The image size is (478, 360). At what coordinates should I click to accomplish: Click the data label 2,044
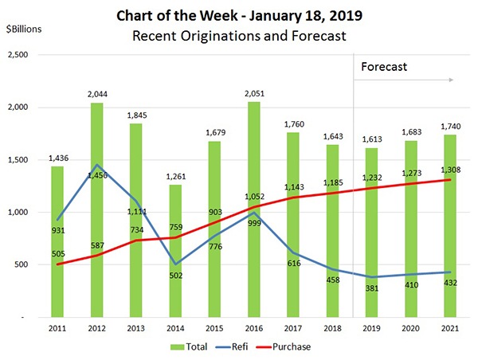click(96, 94)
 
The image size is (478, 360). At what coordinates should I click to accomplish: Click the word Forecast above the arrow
click(385, 67)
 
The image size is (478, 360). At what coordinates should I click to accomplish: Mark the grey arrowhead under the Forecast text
click(452, 80)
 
